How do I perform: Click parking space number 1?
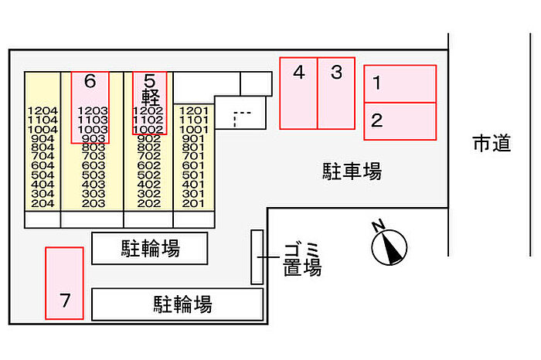pyautogui.click(x=400, y=83)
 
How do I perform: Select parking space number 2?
pyautogui.click(x=400, y=121)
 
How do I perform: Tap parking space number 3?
pyautogui.click(x=336, y=93)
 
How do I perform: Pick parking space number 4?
pyautogui.click(x=298, y=93)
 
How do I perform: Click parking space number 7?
pyautogui.click(x=64, y=283)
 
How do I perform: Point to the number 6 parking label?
pyautogui.click(x=90, y=80)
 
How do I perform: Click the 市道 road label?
pyautogui.click(x=492, y=143)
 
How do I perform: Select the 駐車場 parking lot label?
pyautogui.click(x=352, y=171)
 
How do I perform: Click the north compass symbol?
pyautogui.click(x=388, y=246)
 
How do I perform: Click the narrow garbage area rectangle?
pyautogui.click(x=257, y=256)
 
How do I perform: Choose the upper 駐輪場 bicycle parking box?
pyautogui.click(x=150, y=249)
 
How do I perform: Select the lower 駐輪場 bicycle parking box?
pyautogui.click(x=177, y=304)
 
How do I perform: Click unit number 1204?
pyautogui.click(x=43, y=111)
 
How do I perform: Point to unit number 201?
pyautogui.click(x=194, y=203)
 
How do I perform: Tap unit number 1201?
pyautogui.click(x=194, y=111)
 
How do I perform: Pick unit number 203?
pyautogui.click(x=93, y=203)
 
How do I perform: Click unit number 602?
pyautogui.click(x=148, y=166)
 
